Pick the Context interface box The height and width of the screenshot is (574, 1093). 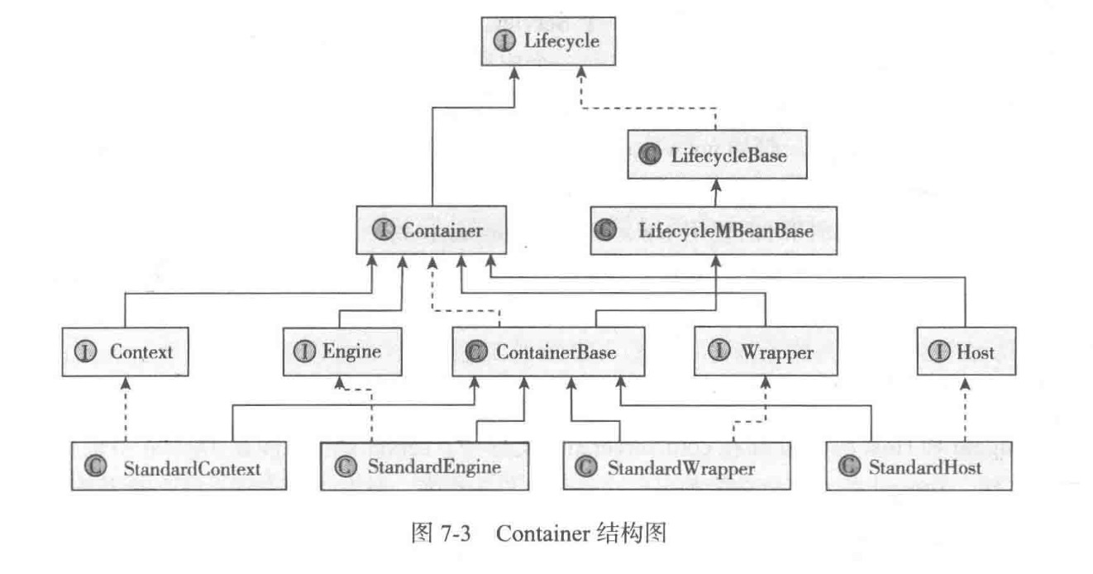[124, 352]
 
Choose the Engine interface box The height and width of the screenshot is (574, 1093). [338, 352]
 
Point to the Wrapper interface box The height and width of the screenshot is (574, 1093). [764, 352]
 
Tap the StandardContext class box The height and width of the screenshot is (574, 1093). [179, 468]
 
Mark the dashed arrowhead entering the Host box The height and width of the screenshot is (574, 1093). [964, 380]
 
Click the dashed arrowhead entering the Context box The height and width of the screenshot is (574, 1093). [124, 380]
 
